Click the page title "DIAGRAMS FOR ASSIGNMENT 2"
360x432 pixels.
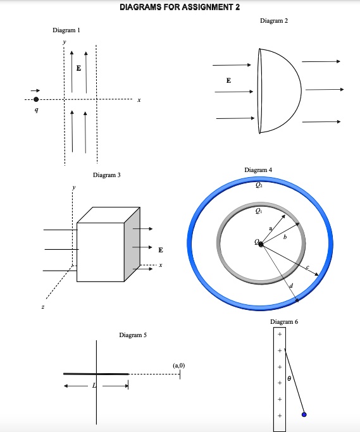pos(180,7)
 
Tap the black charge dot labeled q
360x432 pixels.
pos(36,99)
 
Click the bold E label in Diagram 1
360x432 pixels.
pos(78,68)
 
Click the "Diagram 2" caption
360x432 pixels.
pos(273,22)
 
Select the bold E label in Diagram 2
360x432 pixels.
pos(228,81)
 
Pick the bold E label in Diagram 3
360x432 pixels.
pos(161,249)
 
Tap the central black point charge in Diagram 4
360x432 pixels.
pos(261,244)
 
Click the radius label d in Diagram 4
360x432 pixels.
pos(291,288)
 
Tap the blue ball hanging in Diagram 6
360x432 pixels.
pos(304,414)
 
